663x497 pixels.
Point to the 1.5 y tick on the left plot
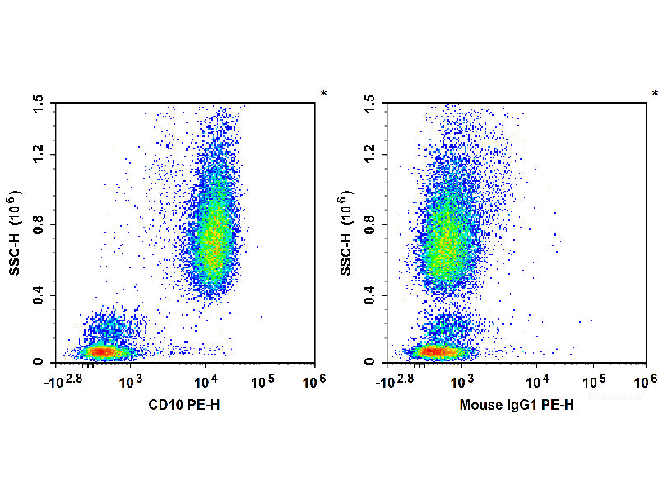click(x=38, y=102)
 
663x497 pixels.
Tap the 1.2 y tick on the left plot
click(x=38, y=154)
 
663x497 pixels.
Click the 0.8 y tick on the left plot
click(x=38, y=224)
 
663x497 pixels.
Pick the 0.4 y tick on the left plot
click(x=38, y=295)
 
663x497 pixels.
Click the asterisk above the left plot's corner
click(x=323, y=94)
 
